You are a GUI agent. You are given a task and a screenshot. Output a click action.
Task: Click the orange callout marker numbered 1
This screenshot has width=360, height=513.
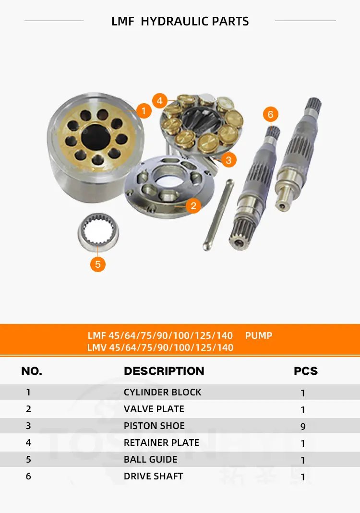(x=144, y=111)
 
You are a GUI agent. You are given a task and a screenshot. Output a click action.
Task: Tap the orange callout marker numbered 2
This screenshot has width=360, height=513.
(x=193, y=206)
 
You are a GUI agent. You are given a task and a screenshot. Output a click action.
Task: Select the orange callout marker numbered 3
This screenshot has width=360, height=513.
(x=228, y=160)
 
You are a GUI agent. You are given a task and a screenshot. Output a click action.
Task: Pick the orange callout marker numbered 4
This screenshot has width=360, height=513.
(x=160, y=101)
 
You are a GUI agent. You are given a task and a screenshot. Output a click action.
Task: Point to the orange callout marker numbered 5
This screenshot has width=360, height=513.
(x=98, y=264)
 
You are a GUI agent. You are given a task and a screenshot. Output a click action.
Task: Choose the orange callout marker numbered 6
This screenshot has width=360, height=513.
(x=270, y=114)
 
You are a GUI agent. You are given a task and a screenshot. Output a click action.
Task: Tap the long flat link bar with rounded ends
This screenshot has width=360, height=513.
(x=218, y=215)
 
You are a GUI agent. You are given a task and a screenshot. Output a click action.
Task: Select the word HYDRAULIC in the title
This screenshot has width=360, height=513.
(x=175, y=22)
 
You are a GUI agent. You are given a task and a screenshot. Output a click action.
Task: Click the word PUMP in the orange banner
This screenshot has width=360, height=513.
(x=259, y=335)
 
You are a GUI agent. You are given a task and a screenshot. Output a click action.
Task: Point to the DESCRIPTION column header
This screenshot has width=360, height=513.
(x=164, y=371)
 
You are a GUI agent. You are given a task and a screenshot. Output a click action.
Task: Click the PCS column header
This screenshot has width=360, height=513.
(x=306, y=371)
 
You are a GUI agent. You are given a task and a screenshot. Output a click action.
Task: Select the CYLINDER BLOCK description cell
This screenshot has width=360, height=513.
(x=162, y=392)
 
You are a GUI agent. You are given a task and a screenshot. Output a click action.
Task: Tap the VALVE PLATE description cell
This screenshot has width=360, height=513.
(x=154, y=409)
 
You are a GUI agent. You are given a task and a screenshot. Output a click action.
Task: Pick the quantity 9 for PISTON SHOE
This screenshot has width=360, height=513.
(x=303, y=427)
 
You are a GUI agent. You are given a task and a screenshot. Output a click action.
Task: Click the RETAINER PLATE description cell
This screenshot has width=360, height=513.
(x=161, y=442)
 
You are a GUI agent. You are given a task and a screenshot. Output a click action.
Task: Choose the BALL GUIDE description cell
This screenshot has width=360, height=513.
(x=150, y=459)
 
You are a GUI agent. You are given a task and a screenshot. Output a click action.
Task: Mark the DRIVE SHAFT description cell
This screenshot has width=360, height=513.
(x=153, y=476)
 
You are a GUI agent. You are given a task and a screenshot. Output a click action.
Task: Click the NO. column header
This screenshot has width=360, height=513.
(x=32, y=371)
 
